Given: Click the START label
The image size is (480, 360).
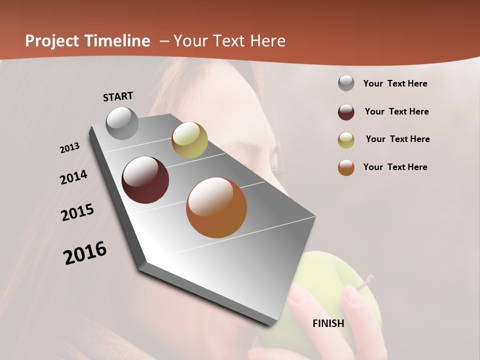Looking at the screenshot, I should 118,96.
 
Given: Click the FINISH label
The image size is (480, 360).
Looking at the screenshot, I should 328,323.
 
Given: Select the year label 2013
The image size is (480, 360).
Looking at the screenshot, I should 69,148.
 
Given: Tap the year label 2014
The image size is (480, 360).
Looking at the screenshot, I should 73,177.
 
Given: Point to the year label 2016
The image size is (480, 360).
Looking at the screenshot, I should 85,253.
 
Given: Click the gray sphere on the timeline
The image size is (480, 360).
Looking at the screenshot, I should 122,123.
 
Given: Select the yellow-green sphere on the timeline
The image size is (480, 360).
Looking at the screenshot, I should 189,140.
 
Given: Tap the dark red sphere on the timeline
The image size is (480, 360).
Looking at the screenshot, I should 145,180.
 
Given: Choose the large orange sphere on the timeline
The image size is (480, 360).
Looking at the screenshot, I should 216,207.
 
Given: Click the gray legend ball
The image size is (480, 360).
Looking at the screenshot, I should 346,83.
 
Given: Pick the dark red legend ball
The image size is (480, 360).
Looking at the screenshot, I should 346,112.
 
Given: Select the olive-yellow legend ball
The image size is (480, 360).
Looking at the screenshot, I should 346,140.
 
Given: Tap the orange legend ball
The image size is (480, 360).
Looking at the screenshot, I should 346,167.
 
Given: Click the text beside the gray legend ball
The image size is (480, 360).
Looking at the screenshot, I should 395,84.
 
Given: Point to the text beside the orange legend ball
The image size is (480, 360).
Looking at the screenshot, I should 395,167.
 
